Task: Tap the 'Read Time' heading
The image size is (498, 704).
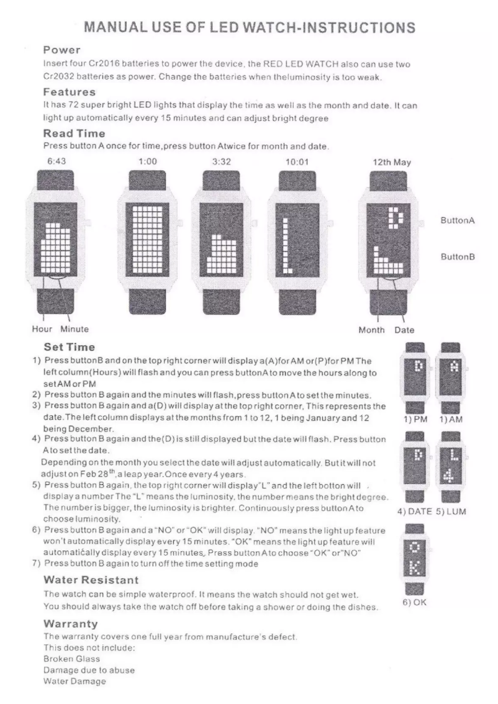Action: (x=73, y=133)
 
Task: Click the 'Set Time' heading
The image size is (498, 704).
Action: (x=70, y=346)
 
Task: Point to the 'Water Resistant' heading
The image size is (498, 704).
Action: (x=91, y=580)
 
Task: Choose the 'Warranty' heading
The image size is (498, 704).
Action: (x=68, y=623)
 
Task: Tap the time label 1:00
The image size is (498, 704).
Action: (x=147, y=161)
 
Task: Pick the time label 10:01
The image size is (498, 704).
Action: (x=296, y=161)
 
